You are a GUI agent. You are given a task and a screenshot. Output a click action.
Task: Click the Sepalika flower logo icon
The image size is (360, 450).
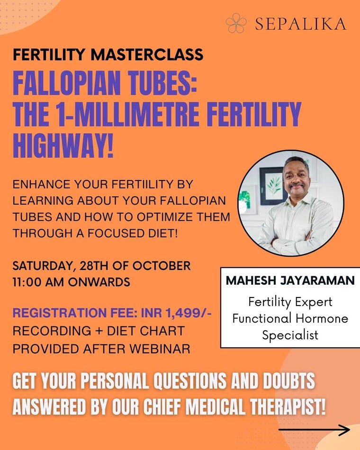click(236, 23)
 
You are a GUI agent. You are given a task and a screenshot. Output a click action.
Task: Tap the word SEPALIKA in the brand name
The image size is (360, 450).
click(301, 24)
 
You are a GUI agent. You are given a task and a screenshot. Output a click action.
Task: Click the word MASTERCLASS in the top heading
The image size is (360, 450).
click(147, 54)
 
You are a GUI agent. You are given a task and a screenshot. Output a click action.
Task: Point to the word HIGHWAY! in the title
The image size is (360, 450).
click(63, 146)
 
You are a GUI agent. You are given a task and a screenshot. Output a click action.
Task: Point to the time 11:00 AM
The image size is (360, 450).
click(38, 282)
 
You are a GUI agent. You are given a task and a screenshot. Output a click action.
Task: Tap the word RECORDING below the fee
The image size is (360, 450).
click(52, 331)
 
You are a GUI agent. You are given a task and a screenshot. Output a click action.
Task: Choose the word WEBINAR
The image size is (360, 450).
click(160, 349)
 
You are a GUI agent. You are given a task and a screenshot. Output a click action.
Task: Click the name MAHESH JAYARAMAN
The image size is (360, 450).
click(290, 280)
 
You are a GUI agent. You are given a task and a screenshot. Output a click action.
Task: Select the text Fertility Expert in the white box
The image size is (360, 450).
click(290, 302)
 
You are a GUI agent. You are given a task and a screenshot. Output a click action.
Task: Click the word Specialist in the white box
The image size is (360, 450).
click(290, 335)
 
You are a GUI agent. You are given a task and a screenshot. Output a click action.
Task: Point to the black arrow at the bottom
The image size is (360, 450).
click(314, 430)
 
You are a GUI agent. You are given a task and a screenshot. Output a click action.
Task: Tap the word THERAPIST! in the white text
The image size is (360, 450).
click(288, 406)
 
